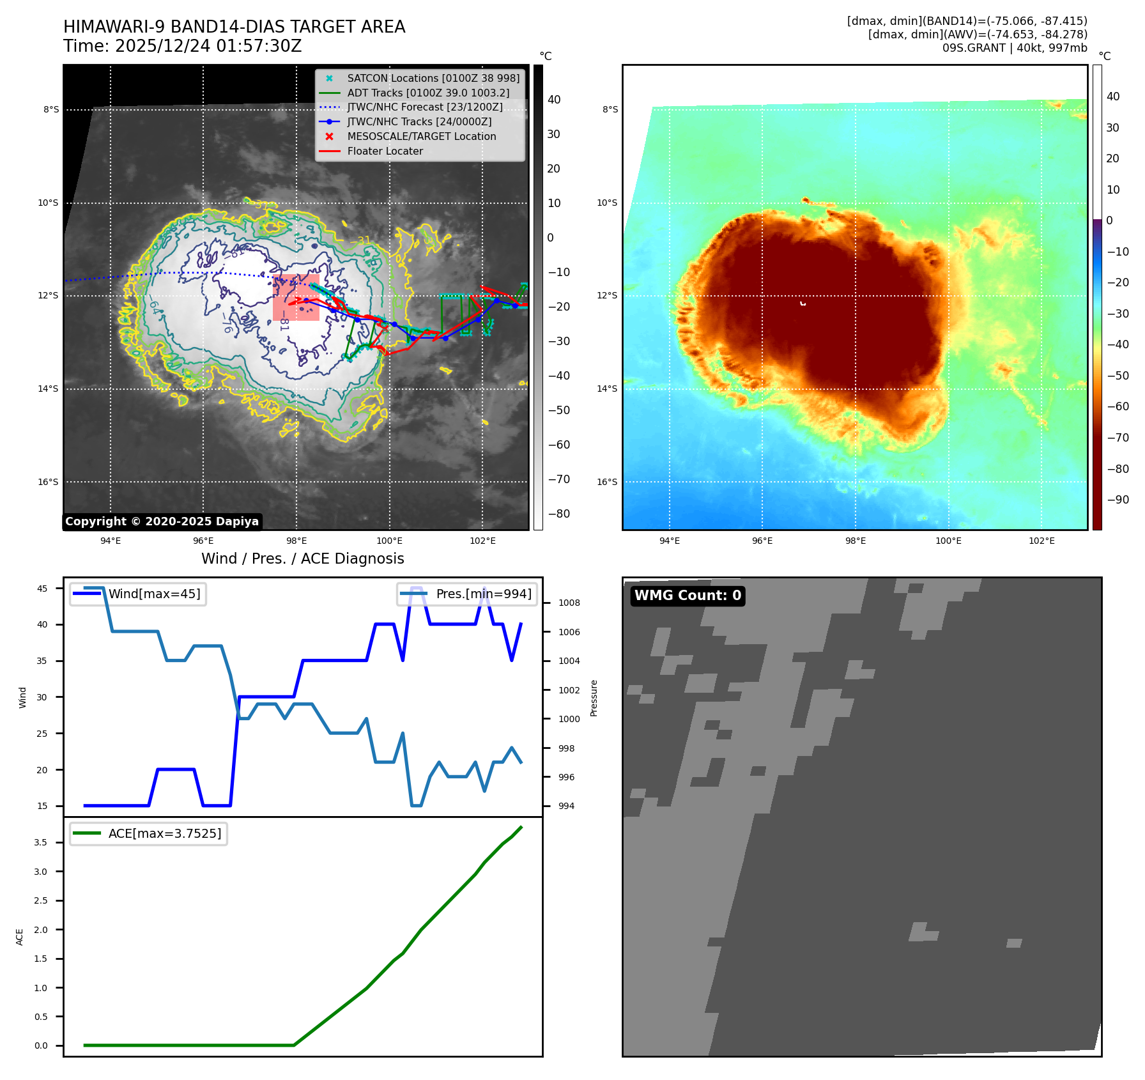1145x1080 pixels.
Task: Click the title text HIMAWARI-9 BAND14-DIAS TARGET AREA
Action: (234, 27)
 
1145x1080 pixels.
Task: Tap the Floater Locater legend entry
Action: (385, 151)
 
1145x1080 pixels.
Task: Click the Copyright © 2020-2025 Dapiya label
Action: (162, 521)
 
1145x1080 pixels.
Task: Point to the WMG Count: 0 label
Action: (688, 596)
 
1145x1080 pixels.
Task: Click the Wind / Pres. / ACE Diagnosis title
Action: (302, 559)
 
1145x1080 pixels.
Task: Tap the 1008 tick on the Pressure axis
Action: (569, 603)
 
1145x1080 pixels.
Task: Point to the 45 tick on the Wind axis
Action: (42, 589)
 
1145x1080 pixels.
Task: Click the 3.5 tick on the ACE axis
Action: (40, 842)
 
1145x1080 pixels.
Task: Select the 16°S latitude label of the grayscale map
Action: (48, 482)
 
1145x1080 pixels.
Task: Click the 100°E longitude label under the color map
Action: (948, 541)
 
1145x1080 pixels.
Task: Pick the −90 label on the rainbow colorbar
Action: (1118, 500)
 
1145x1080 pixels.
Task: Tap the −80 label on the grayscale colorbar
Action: (558, 514)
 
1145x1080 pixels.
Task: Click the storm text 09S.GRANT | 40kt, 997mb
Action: (1014, 48)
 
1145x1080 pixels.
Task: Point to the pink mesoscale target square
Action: (296, 297)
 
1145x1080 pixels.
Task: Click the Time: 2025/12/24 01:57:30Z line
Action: (182, 46)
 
